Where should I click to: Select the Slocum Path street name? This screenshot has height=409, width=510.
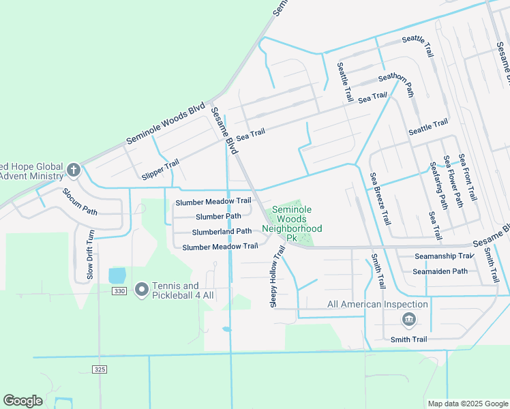[80, 200]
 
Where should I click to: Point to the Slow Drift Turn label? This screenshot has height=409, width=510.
[90, 254]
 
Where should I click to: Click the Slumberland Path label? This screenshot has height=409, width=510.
[213, 232]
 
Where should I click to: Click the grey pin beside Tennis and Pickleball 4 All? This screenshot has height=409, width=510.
[142, 290]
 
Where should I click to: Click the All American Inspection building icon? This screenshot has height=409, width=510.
[408, 319]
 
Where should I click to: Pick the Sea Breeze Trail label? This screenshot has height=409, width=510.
[380, 198]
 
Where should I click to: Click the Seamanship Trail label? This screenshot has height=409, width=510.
[444, 256]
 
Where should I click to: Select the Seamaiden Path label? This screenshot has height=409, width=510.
[440, 271]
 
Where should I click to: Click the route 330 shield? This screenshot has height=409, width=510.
[119, 291]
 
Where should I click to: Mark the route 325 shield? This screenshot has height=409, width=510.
[99, 369]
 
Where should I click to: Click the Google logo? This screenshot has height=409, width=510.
[22, 401]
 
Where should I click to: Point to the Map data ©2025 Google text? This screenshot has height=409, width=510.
[467, 404]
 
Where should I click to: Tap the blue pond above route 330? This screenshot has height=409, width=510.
[117, 275]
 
